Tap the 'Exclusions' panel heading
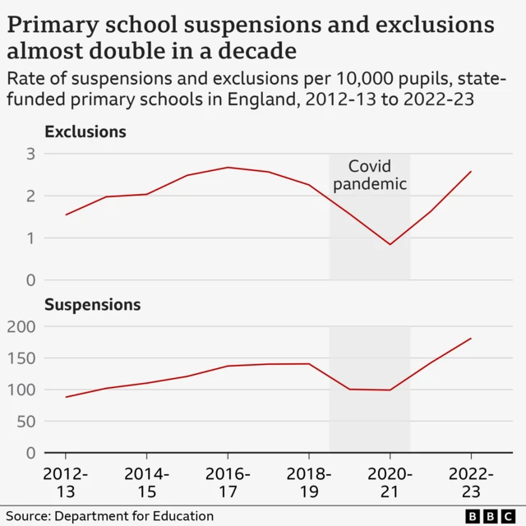85,131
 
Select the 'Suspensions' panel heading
92,305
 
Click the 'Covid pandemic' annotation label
370,175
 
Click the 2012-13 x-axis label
65,482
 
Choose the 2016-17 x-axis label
228,482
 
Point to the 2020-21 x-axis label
390,482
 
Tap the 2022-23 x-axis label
471,482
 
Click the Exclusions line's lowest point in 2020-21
390,244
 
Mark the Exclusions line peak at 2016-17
228,168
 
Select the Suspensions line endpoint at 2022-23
471,339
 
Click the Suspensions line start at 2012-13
66,397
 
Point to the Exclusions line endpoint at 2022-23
471,172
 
